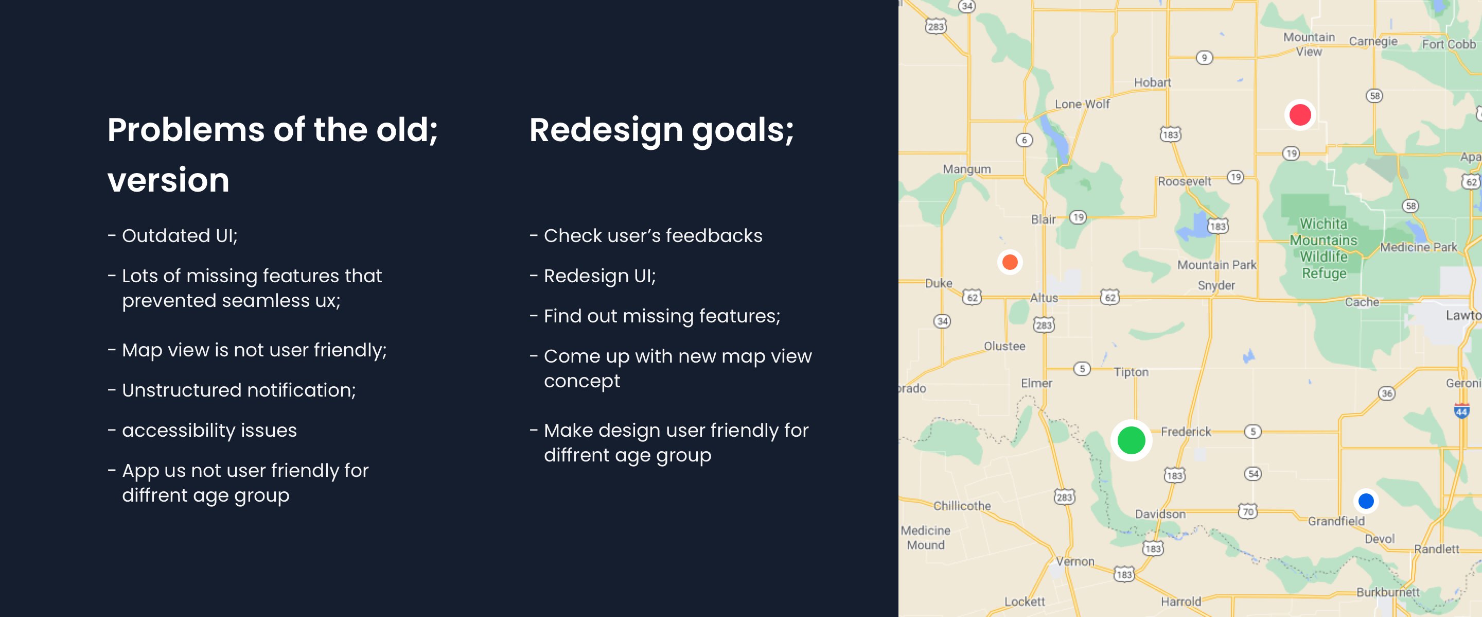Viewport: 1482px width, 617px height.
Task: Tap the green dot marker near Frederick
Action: click(1131, 440)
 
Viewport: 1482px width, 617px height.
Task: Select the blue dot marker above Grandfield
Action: click(1366, 501)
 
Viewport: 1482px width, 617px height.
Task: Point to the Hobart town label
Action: click(1152, 82)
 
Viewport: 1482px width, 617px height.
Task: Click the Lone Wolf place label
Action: click(1082, 104)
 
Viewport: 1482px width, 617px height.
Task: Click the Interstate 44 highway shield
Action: click(1461, 411)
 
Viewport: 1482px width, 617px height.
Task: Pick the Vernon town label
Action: click(1074, 561)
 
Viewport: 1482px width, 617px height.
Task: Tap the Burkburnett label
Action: click(1388, 592)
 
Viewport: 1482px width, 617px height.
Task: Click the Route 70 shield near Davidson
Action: click(1248, 511)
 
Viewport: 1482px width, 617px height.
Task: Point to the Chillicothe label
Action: click(962, 505)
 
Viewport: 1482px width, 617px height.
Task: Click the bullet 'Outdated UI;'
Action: click(180, 235)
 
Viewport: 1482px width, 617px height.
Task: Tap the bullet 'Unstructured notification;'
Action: click(239, 390)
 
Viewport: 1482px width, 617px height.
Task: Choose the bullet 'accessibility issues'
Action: click(209, 431)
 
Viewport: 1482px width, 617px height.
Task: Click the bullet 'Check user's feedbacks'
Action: click(653, 235)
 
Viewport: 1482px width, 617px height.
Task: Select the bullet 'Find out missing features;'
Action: click(662, 316)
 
